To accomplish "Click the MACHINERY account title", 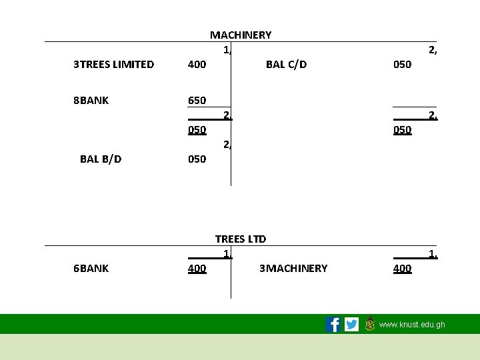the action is (x=241, y=35).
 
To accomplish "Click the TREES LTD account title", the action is (x=241, y=239).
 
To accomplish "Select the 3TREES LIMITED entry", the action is (x=113, y=65).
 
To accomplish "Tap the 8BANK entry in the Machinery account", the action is (x=91, y=101).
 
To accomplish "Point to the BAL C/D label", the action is (x=286, y=65).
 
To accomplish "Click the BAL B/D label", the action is (x=101, y=159).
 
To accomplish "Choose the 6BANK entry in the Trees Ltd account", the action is (x=91, y=268).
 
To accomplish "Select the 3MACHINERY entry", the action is (x=293, y=268).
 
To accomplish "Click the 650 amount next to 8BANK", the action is (x=197, y=101).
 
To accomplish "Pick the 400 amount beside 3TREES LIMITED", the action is (x=197, y=65).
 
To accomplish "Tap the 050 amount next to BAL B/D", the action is (x=197, y=159).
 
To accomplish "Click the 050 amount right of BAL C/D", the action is (x=402, y=65).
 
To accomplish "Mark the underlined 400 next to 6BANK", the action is (x=197, y=268).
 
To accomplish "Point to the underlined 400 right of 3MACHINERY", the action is (x=402, y=268).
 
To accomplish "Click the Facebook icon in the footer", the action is (x=333, y=325).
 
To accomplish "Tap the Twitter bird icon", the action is (x=351, y=325).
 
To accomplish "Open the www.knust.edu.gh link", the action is (x=412, y=325).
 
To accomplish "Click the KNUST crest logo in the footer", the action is (x=370, y=324).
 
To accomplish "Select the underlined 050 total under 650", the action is (x=197, y=130).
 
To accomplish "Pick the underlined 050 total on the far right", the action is (x=402, y=130).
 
